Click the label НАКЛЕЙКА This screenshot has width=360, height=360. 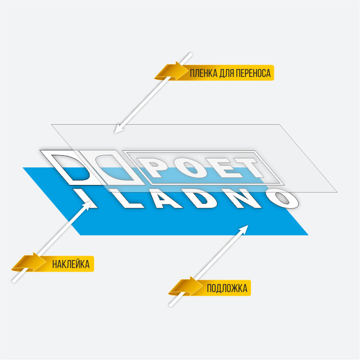[x=71, y=264]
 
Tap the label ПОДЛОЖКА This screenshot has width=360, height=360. [x=227, y=288]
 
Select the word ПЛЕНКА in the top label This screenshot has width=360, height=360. [x=203, y=73]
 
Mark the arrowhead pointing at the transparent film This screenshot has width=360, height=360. [x=118, y=129]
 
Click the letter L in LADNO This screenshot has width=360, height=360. [x=130, y=199]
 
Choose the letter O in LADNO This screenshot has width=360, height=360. [x=283, y=197]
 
